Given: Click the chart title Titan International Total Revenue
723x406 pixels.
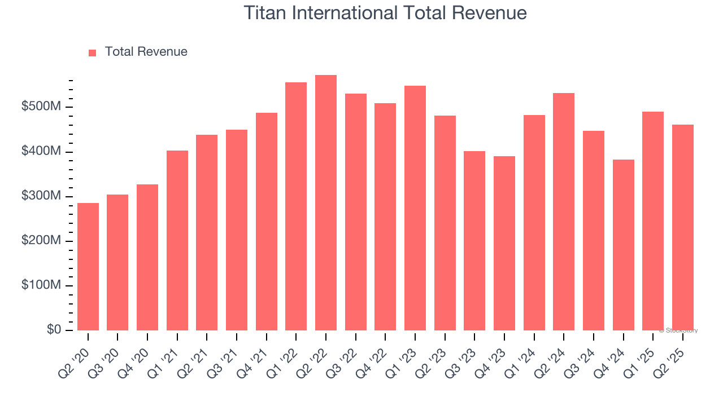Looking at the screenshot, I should pyautogui.click(x=385, y=12).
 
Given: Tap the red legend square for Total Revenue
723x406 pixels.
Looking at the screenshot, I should pyautogui.click(x=93, y=52).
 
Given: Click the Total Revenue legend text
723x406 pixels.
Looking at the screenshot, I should pyautogui.click(x=146, y=52).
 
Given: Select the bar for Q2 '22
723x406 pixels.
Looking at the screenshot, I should pyautogui.click(x=326, y=203).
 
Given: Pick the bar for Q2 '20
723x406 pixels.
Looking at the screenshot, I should pyautogui.click(x=88, y=267).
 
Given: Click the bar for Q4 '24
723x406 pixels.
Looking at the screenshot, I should pyautogui.click(x=623, y=245).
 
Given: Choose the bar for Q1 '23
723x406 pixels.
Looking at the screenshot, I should pyautogui.click(x=415, y=208).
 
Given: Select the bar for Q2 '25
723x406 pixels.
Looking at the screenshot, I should pyautogui.click(x=682, y=228).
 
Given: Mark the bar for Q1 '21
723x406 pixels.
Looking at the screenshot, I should pyautogui.click(x=177, y=240).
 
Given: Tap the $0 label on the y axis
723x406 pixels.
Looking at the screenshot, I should pyautogui.click(x=54, y=330).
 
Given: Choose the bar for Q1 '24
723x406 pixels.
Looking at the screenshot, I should pyautogui.click(x=534, y=223).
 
